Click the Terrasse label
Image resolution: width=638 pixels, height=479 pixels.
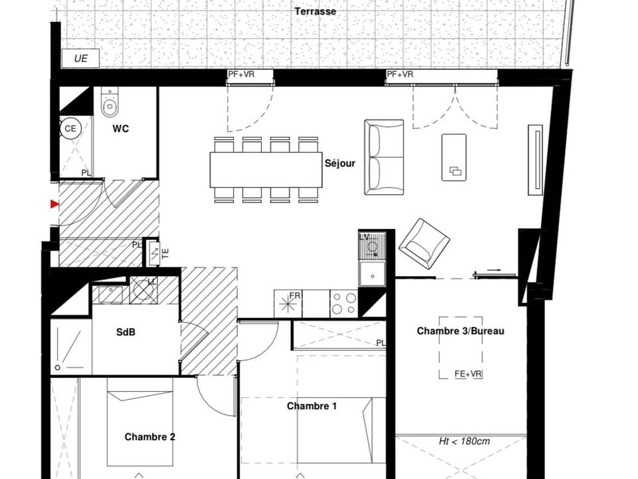click(x=315, y=11)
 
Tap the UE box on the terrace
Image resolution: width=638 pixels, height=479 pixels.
click(x=80, y=59)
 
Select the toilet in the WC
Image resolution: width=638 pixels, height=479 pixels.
click(x=110, y=102)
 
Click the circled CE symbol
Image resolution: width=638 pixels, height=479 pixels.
click(x=70, y=128)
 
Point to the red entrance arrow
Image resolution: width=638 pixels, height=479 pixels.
click(x=54, y=204)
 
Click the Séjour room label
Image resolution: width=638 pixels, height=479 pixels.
click(x=340, y=164)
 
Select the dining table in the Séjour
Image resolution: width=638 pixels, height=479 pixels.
click(x=266, y=170)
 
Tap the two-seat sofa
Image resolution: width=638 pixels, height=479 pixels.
click(x=384, y=157)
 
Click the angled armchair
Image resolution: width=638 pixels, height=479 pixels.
click(x=424, y=240)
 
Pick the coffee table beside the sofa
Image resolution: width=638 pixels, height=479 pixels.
click(x=454, y=157)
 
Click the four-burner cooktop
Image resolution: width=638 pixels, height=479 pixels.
click(x=344, y=303)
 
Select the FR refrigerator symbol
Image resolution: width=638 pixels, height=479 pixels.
click(x=288, y=303)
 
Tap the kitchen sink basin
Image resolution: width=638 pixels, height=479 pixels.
click(x=372, y=275)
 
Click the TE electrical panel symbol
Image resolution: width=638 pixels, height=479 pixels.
click(x=155, y=253)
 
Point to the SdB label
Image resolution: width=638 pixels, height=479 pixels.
click(x=126, y=333)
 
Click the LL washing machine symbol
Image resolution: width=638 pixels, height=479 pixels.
click(x=144, y=290)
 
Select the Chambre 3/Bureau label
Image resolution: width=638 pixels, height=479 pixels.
click(x=461, y=331)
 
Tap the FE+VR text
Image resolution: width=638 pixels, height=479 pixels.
click(x=469, y=373)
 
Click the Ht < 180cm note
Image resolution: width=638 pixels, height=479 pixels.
click(x=465, y=441)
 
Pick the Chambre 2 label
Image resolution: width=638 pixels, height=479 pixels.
click(x=150, y=437)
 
